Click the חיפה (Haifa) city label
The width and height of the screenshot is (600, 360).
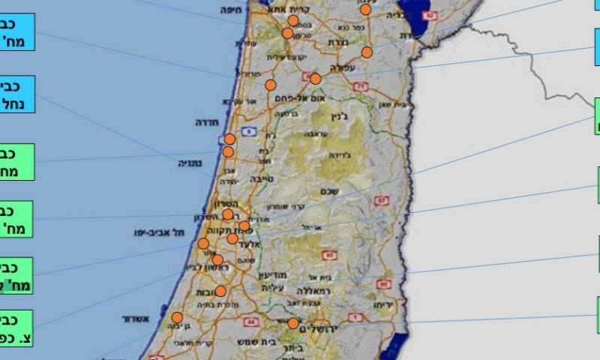pyautogui.click(x=229, y=10)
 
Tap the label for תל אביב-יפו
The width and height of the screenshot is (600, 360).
pyautogui.click(x=160, y=232)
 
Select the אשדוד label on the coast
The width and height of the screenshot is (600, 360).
pyautogui.click(x=136, y=319)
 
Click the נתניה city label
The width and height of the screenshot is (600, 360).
pyautogui.click(x=190, y=163)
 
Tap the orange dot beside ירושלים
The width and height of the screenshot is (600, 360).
pyautogui.click(x=292, y=323)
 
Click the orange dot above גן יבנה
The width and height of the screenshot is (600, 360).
pyautogui.click(x=177, y=317)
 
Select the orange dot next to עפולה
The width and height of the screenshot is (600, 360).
pyautogui.click(x=315, y=79)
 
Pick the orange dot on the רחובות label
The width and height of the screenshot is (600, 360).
pyautogui.click(x=220, y=291)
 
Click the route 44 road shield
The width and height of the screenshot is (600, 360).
pyautogui.click(x=250, y=322)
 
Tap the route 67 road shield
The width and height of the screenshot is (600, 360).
pyautogui.click(x=382, y=201)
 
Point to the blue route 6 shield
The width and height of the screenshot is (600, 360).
pyautogui.click(x=250, y=132)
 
